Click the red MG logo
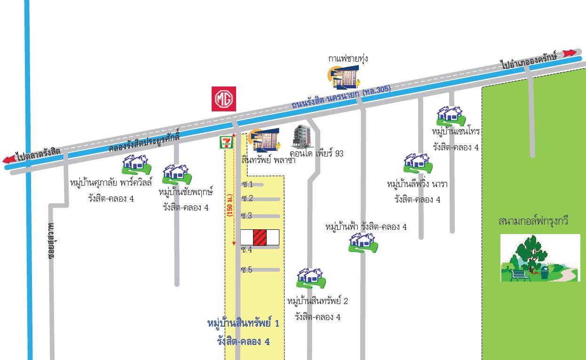(x=224, y=99)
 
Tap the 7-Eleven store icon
(x=226, y=142)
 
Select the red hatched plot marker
(x=260, y=237)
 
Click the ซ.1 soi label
(x=247, y=184)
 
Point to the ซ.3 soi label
(x=247, y=216)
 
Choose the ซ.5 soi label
(x=247, y=270)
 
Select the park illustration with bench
(x=540, y=258)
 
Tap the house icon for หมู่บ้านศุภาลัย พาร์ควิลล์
(x=136, y=164)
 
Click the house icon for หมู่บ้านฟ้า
(x=363, y=243)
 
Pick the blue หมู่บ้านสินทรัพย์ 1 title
(x=243, y=323)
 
